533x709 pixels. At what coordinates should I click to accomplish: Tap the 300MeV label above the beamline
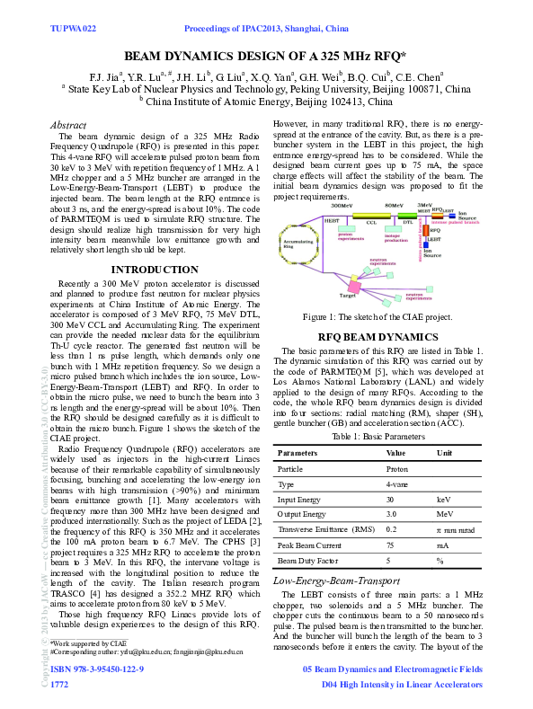346,206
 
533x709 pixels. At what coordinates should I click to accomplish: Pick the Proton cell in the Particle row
397,469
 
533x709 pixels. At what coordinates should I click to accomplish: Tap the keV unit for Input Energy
443,500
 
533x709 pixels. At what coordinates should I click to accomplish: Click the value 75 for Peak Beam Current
391,545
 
